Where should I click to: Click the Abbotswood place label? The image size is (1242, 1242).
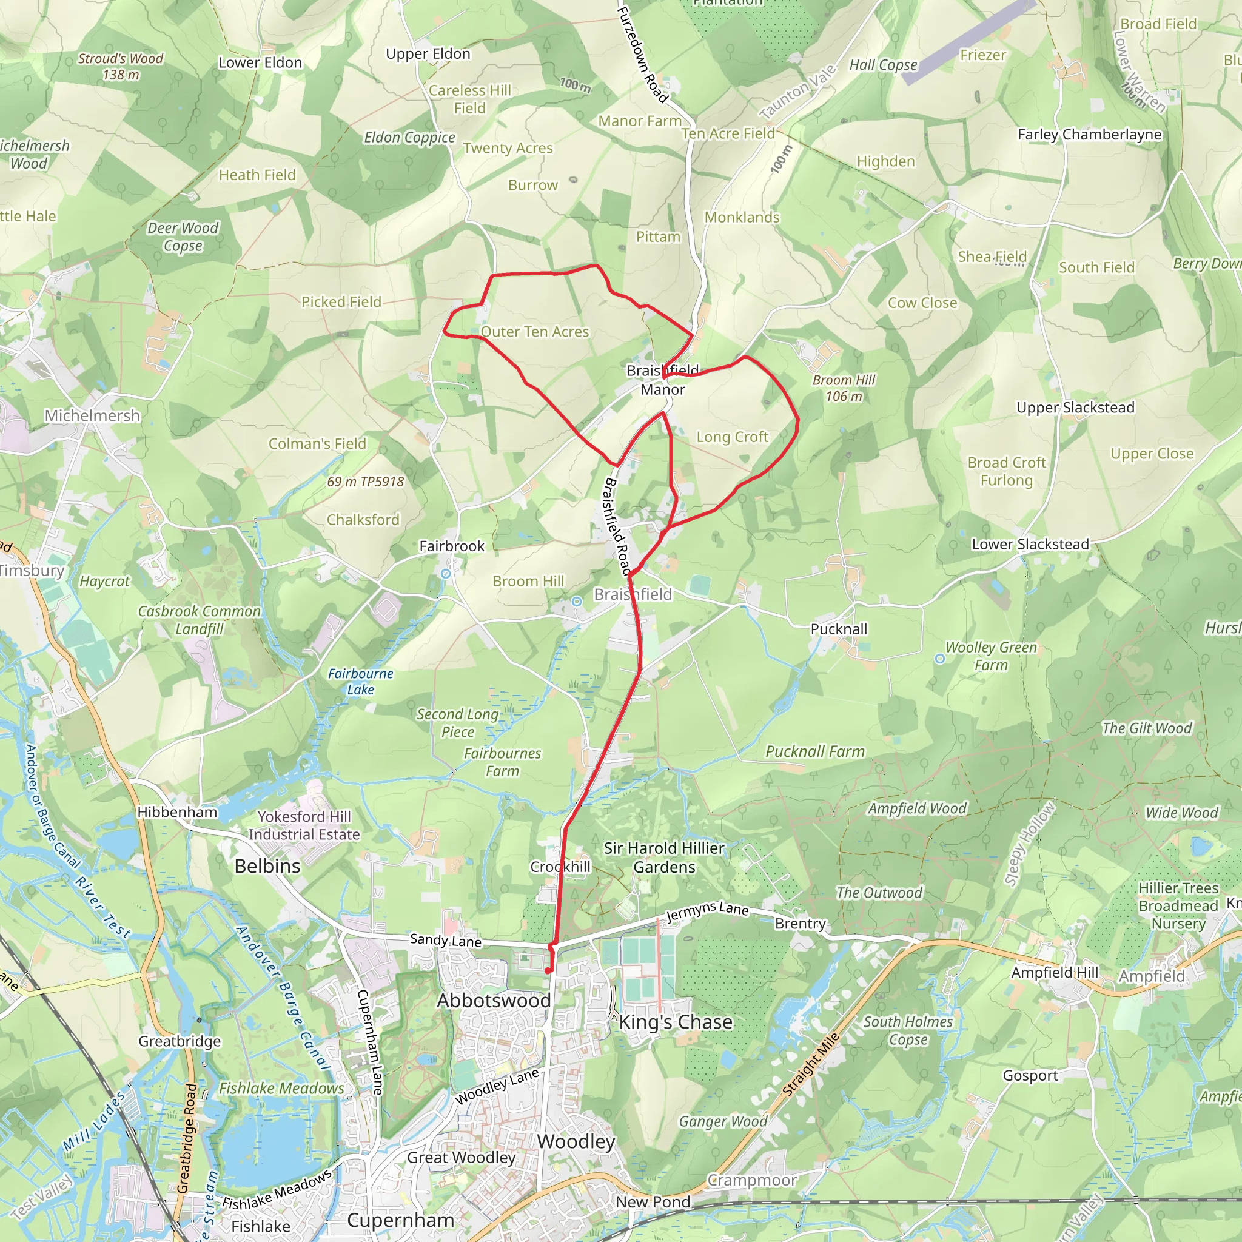tap(494, 1000)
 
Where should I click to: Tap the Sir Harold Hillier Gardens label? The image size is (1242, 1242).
tap(664, 858)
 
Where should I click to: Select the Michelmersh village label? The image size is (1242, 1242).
tap(92, 416)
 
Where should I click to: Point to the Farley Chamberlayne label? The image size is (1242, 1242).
tap(1090, 135)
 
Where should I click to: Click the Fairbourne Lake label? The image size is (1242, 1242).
tap(360, 682)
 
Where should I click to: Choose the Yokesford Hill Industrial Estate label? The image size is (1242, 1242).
tap(304, 825)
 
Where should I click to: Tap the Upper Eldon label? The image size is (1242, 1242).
tap(428, 54)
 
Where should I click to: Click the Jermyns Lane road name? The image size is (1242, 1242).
tap(707, 910)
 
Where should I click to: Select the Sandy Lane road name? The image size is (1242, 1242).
tap(446, 941)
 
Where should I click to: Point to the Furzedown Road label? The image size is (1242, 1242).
tap(642, 54)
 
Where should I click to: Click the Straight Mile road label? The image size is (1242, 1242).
tap(811, 1064)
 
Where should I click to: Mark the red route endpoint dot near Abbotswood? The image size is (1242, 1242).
tap(548, 971)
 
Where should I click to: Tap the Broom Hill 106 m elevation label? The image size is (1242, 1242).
tap(844, 388)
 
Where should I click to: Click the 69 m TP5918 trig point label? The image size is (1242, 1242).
tap(365, 482)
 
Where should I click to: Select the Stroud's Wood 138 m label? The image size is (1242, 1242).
tap(121, 67)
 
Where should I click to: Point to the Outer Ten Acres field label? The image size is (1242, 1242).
tap(535, 332)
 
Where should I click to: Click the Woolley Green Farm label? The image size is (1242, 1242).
tap(991, 656)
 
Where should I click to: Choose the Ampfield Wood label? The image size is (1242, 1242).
tap(918, 809)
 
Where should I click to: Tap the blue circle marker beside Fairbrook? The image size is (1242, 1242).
tap(446, 574)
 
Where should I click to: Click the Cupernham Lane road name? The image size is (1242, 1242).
tap(371, 1042)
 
